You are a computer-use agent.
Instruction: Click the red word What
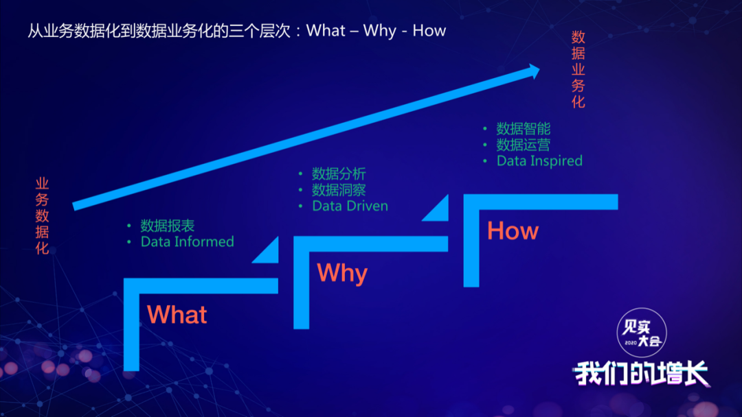[177, 315]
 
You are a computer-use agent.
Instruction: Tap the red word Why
[342, 273]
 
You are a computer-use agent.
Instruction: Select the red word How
[513, 231]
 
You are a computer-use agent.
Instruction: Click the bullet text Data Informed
[188, 242]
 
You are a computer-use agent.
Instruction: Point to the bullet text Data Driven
[350, 206]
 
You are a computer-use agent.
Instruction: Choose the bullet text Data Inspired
[539, 161]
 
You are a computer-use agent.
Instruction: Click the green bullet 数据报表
[168, 226]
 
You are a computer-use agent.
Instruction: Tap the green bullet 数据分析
[339, 174]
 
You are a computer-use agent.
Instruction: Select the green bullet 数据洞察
[339, 190]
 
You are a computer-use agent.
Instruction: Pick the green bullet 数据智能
[524, 128]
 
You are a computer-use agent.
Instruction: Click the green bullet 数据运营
[524, 145]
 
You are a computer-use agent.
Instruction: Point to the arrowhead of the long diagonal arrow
[535, 71]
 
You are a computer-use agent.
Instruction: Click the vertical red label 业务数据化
[42, 216]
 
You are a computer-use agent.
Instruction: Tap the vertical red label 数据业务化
[578, 69]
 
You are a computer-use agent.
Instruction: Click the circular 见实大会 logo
[642, 333]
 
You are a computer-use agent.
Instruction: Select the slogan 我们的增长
[642, 373]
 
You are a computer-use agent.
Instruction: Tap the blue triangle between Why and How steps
[437, 208]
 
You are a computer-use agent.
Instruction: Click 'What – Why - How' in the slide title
[376, 31]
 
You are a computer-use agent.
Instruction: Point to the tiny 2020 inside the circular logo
[630, 343]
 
